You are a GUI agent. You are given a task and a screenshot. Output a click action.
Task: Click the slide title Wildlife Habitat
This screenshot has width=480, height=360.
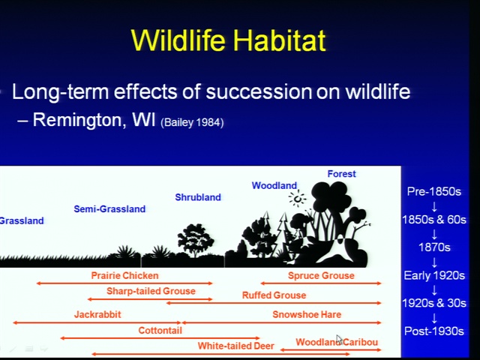[x=228, y=40]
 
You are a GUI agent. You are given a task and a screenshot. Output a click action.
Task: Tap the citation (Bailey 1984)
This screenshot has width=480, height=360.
[x=192, y=123]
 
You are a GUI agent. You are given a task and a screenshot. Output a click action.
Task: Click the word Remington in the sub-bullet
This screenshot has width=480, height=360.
[x=78, y=120]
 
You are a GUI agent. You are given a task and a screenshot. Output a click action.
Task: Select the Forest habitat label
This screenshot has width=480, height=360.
[x=342, y=174]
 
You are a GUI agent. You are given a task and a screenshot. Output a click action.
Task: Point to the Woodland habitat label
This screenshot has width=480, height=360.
[x=274, y=185]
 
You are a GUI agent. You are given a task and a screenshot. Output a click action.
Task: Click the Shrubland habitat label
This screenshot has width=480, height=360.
[x=198, y=197]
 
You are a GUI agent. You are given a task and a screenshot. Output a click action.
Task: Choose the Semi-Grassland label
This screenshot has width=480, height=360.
[x=109, y=209]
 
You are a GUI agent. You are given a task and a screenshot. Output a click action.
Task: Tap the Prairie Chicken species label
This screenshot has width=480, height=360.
[x=125, y=275]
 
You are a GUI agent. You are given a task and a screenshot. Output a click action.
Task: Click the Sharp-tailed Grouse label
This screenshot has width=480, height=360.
[x=151, y=291]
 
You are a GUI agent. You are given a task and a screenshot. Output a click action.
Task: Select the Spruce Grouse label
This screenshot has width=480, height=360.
[x=321, y=275]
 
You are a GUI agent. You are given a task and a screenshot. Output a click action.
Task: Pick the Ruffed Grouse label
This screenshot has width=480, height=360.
[x=274, y=295]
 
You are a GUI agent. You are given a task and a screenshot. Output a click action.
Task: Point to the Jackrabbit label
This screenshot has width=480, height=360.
[x=97, y=314]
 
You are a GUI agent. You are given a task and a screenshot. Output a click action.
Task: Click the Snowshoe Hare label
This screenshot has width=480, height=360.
[x=307, y=314]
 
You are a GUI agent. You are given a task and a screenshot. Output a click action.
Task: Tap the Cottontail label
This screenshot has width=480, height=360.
[x=160, y=330]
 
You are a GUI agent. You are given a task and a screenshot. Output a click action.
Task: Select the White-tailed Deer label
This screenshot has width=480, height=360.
[x=235, y=346]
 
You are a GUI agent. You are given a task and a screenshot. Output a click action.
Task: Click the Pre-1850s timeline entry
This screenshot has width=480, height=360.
[x=434, y=192]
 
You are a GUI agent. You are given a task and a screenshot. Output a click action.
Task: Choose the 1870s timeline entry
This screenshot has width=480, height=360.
[x=434, y=247]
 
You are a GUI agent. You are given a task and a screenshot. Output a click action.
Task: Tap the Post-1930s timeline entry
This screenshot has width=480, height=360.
[x=434, y=331]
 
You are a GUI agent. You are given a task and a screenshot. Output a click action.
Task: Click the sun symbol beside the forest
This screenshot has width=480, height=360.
[x=297, y=198]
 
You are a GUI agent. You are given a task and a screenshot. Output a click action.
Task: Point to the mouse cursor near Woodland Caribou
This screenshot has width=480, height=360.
[x=339, y=340]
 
